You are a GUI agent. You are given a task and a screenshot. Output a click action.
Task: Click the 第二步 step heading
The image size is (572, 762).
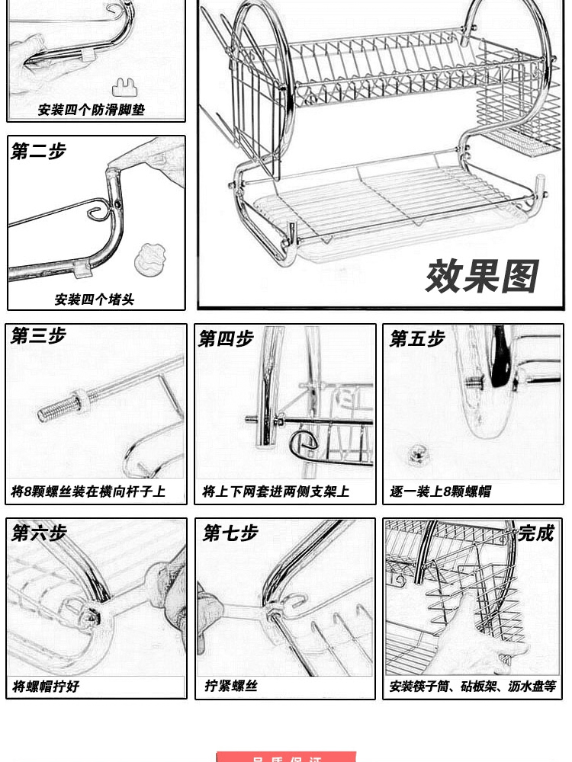pyautogui.click(x=38, y=152)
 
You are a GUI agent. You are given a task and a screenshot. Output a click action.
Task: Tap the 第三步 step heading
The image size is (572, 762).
pyautogui.click(x=39, y=336)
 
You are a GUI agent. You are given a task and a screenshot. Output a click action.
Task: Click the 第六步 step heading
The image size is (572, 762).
pyautogui.click(x=39, y=533)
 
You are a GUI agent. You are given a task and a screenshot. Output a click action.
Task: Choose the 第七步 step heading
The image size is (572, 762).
pyautogui.click(x=230, y=533)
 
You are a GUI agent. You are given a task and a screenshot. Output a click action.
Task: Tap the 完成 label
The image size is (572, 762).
pyautogui.click(x=536, y=533)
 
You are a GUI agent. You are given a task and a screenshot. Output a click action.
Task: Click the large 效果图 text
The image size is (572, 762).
pyautogui.click(x=481, y=276)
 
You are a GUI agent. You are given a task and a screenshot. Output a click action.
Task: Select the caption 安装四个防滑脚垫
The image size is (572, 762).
pyautogui.click(x=92, y=110)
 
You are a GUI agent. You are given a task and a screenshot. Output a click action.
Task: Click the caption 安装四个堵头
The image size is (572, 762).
pyautogui.click(x=95, y=299)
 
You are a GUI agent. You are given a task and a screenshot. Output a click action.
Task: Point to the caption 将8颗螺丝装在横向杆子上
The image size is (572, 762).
pyautogui.click(x=88, y=491)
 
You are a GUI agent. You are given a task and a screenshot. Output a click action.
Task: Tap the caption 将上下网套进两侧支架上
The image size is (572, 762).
pyautogui.click(x=275, y=491)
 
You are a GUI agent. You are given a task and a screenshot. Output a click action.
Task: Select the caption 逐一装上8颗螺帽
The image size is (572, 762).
pyautogui.click(x=440, y=491)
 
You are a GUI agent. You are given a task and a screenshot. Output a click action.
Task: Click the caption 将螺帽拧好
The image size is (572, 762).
pyautogui.click(x=46, y=687)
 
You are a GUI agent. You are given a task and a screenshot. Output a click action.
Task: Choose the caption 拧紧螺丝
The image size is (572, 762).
pyautogui.click(x=231, y=686)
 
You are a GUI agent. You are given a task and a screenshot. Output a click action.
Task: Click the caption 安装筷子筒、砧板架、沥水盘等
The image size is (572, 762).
pyautogui.click(x=472, y=687)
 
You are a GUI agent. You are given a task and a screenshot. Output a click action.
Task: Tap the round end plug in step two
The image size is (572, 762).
pyautogui.click(x=149, y=260)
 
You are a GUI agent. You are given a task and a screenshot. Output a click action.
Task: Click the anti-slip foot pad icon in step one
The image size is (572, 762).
pyautogui.click(x=128, y=87)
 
